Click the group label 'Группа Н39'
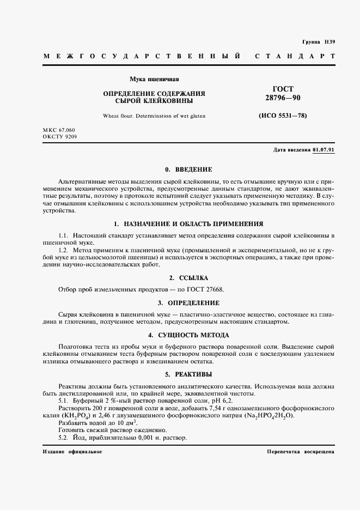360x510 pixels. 318,42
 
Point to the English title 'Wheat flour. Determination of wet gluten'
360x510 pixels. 154,116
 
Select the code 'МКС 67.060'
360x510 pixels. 59,131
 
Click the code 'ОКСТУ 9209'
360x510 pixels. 59,137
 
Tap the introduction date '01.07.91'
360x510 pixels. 324,150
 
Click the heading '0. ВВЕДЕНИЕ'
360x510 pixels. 188,169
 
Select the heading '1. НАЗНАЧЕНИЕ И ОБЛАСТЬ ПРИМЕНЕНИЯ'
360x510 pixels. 188,223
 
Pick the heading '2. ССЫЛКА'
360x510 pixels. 188,278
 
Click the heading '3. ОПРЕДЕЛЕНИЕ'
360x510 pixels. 188,302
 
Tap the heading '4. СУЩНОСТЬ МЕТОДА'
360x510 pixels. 188,335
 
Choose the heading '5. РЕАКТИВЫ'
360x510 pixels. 188,374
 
